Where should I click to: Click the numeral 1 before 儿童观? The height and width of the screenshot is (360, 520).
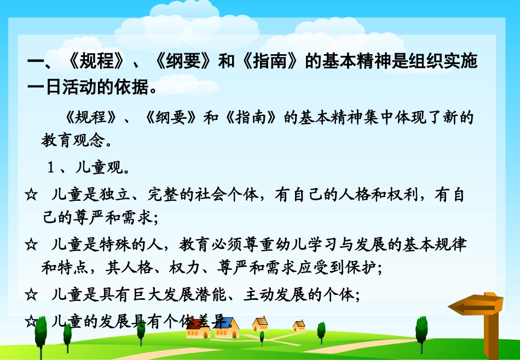tap(50, 168)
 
